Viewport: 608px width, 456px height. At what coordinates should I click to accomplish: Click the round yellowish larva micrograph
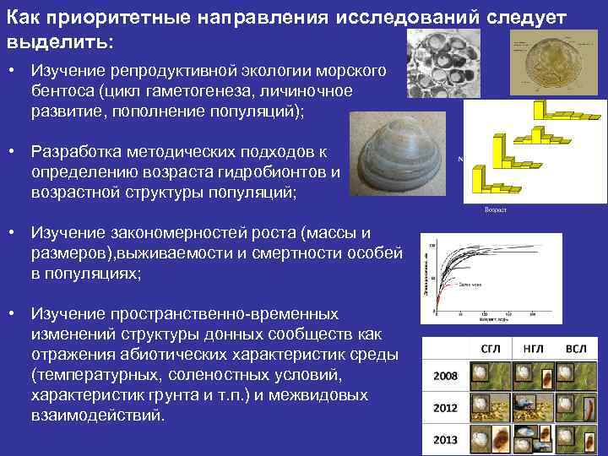[x=561, y=64]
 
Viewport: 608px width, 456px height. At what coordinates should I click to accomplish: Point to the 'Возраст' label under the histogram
[x=495, y=209]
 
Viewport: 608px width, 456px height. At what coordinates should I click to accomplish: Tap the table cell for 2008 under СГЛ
[x=489, y=377]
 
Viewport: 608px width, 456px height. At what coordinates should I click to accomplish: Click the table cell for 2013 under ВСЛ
[x=576, y=440]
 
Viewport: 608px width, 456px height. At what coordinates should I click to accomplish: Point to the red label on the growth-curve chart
[x=471, y=285]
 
